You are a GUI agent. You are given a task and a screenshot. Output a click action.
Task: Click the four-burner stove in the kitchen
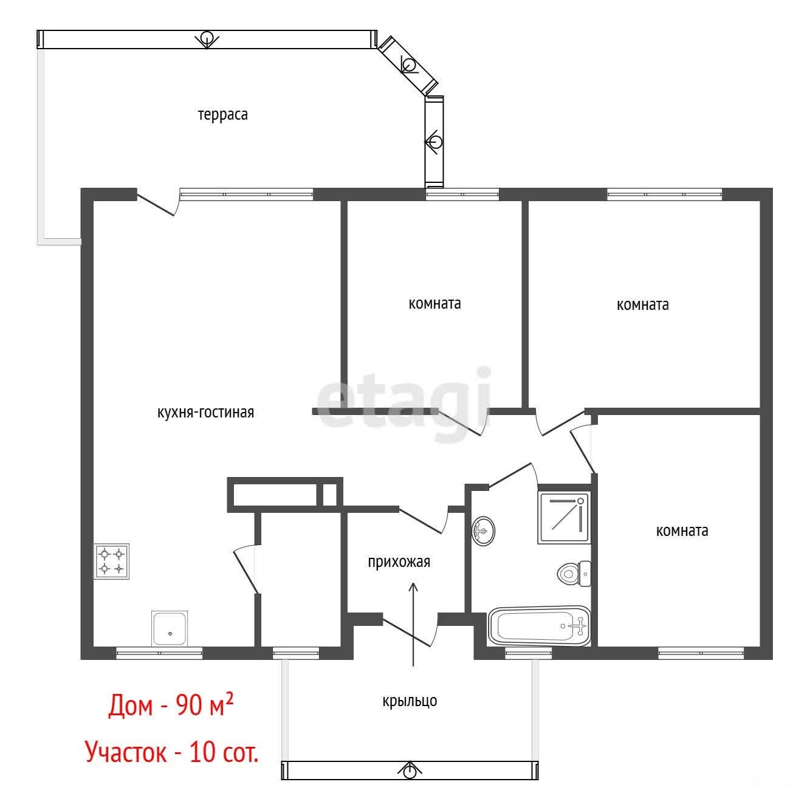[x=111, y=561]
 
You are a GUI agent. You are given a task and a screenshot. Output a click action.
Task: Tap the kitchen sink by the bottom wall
[x=170, y=628]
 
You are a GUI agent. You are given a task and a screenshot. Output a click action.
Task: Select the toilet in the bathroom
[x=574, y=574]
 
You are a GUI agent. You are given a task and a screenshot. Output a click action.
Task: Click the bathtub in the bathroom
[x=540, y=626]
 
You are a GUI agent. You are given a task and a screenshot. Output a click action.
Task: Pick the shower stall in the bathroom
[x=564, y=518]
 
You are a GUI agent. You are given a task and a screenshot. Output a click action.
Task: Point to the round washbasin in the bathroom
[x=483, y=531]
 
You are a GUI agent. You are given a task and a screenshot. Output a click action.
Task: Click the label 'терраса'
[x=223, y=115]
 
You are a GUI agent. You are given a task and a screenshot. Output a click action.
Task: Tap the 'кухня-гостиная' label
[x=205, y=413]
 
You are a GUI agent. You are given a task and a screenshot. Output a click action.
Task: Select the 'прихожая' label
[x=399, y=562]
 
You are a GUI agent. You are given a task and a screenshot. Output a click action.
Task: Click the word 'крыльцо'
[x=410, y=701]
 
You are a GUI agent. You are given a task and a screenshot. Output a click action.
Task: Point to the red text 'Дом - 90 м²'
[x=171, y=705]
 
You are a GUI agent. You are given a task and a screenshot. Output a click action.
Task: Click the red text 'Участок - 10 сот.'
[x=171, y=752]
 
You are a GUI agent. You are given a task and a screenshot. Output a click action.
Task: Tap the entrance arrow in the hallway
[x=414, y=624]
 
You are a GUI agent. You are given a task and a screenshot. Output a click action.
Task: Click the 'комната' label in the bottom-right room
[x=682, y=531]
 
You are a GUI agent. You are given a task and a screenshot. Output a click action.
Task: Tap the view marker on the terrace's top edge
[x=207, y=39]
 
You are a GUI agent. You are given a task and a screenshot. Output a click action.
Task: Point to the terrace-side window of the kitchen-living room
[x=247, y=194]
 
